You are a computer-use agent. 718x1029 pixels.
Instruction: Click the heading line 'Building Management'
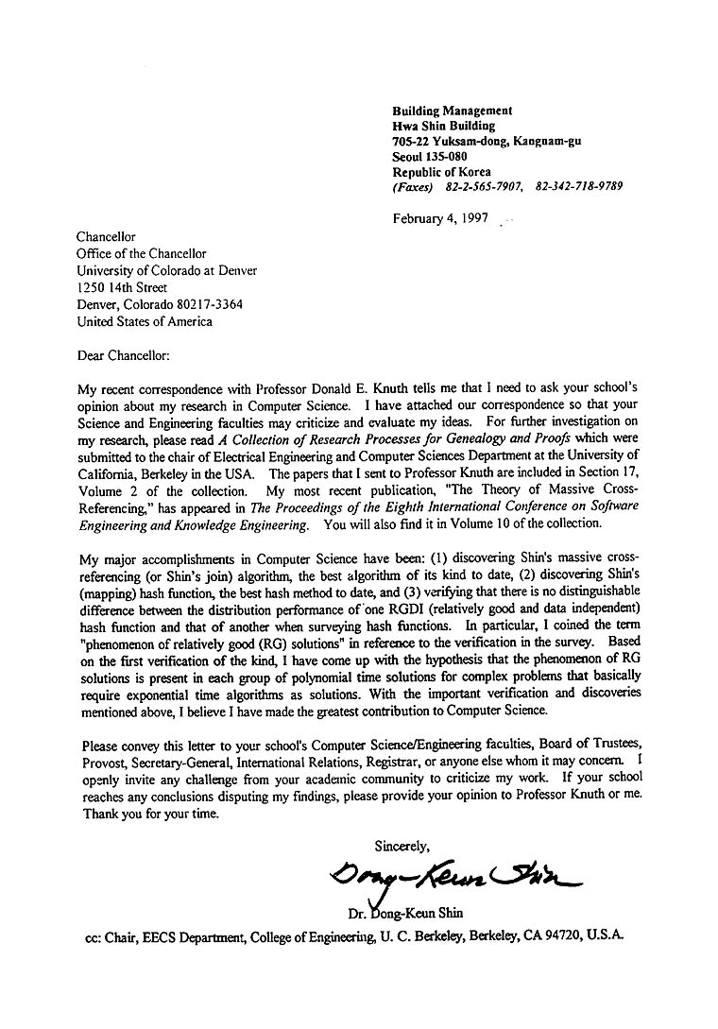(453, 111)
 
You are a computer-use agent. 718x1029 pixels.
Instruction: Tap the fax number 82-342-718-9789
(578, 186)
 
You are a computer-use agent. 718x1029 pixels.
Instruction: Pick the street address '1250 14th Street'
(122, 287)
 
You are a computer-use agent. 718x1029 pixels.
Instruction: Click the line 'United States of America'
(145, 321)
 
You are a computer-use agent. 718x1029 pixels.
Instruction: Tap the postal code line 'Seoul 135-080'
(430, 156)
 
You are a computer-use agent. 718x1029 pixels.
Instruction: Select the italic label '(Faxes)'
(414, 186)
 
